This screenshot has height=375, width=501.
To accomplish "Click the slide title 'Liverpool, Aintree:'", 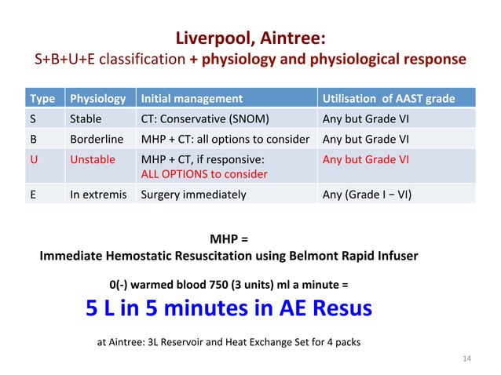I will (x=250, y=38).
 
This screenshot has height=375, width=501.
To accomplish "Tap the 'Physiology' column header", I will (x=97, y=99).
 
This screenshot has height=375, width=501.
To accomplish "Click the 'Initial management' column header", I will (x=191, y=99).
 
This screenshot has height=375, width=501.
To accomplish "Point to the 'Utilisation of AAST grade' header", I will (x=388, y=99).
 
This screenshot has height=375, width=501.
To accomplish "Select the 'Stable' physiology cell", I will (x=86, y=120).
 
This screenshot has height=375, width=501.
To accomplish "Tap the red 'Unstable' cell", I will (x=93, y=159).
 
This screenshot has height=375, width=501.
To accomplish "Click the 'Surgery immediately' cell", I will (x=192, y=195).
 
